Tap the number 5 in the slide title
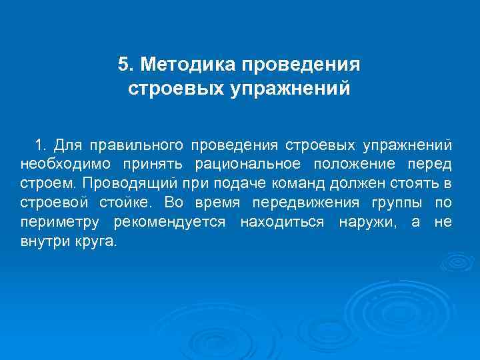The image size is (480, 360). [x=122, y=65]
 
